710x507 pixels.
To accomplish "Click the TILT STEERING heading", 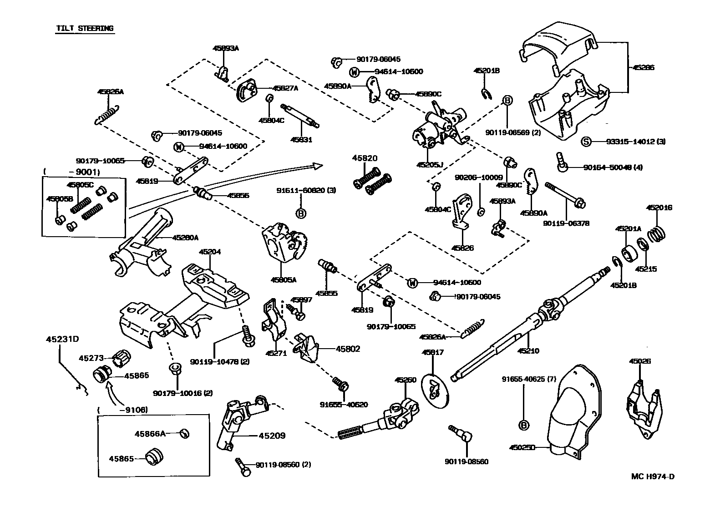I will click(x=85, y=28).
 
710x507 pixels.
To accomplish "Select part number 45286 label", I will click(x=643, y=67).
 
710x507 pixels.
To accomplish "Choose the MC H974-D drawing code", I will click(x=653, y=477).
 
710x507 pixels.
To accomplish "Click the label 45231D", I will click(x=62, y=339).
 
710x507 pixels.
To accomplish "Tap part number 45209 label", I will click(x=272, y=436).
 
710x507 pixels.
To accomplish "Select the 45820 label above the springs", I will click(x=365, y=158).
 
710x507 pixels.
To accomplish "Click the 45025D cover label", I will click(x=522, y=447).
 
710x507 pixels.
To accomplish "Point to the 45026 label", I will click(x=640, y=361).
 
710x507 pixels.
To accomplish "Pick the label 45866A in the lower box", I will click(x=149, y=434).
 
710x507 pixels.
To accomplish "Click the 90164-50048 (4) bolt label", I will click(x=613, y=167).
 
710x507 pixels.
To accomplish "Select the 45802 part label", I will click(x=348, y=349).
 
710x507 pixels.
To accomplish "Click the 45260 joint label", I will click(x=406, y=380).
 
